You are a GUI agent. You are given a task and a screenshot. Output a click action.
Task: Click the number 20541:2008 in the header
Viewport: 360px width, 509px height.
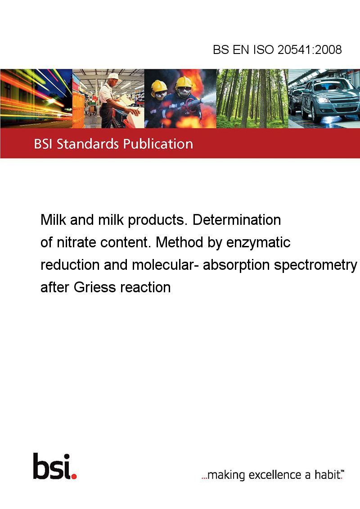(310, 49)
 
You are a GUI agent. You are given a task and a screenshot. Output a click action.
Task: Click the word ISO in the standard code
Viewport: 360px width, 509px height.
(264, 49)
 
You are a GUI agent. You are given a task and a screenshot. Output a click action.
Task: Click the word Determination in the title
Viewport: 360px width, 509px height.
(237, 220)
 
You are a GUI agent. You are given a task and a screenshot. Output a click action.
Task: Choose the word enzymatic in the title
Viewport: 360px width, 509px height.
(258, 243)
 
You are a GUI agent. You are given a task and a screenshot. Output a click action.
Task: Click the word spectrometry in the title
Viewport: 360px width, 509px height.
(315, 265)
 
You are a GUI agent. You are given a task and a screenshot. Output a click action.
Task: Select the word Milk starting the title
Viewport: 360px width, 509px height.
(53, 220)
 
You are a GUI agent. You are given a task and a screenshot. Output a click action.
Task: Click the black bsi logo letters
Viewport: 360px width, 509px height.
(52, 466)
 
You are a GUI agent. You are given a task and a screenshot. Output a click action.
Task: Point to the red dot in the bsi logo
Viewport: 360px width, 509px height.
(74, 476)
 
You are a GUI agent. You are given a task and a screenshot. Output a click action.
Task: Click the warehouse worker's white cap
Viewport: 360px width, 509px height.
(114, 76)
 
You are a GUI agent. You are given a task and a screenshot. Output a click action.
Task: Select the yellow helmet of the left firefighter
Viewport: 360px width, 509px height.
(159, 86)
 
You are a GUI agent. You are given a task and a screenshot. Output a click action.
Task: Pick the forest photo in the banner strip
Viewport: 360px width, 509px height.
(252, 98)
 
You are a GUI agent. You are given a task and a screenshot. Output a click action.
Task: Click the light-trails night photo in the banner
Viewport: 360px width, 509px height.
(36, 98)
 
